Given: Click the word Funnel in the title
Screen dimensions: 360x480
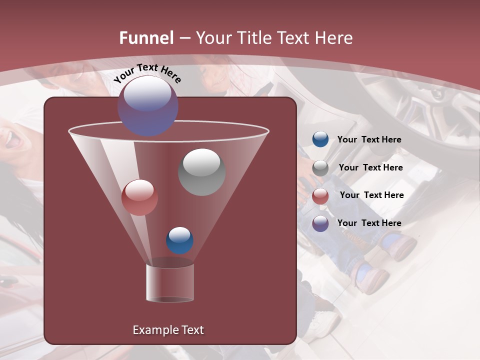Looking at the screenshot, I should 146,38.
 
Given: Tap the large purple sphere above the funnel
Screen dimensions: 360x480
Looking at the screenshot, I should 147,105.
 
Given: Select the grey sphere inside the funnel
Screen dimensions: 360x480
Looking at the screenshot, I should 201,172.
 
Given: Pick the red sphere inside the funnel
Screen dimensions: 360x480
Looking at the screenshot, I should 139,197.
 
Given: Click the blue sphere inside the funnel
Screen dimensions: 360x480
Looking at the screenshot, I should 179,240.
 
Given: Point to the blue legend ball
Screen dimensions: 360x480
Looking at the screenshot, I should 320,139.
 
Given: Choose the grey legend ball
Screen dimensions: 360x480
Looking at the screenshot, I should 320,168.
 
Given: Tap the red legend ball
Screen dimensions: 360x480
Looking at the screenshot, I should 320,196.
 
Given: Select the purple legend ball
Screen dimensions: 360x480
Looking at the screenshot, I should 320,223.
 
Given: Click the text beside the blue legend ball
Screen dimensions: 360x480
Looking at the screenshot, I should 369,139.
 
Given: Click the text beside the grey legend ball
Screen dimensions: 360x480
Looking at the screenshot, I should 370,167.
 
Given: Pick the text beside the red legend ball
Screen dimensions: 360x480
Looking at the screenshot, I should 371,195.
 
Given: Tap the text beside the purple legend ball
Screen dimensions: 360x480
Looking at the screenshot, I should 369,223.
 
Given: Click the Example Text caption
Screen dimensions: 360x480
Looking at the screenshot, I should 168,330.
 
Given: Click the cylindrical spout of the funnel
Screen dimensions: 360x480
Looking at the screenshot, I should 170,283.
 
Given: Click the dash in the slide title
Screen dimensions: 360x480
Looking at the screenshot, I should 184,38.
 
